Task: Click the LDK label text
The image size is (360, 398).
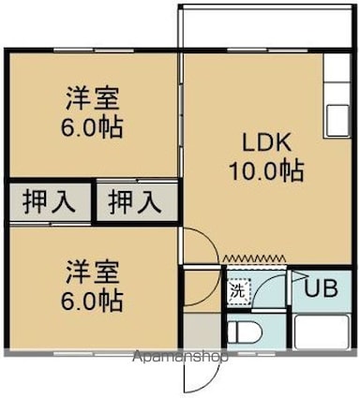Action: click(271, 144)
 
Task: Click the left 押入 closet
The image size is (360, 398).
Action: click(51, 200)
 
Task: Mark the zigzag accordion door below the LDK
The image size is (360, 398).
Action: click(253, 256)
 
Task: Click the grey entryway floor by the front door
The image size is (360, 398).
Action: click(200, 332)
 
